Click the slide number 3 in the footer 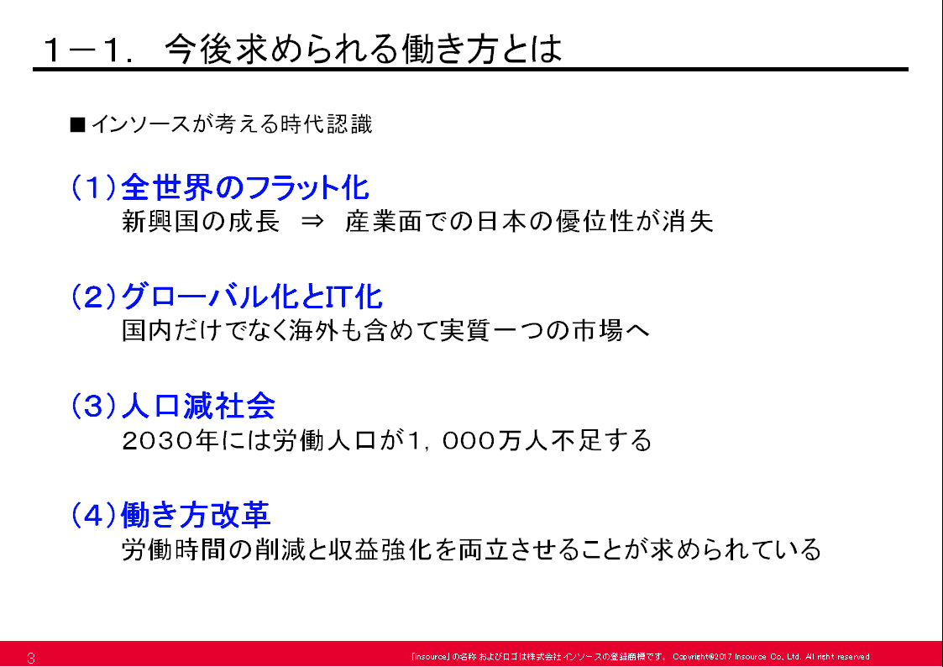coord(31,658)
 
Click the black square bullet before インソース coord(77,124)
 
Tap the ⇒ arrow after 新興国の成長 coord(312,221)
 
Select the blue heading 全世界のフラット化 coord(244,187)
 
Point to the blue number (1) coord(94,187)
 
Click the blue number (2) coord(94,297)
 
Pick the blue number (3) coord(94,406)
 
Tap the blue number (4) coord(94,515)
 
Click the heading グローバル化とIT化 coord(251,297)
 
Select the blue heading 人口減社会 coord(198,406)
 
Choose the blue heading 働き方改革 coord(196,515)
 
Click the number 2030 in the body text coord(158,441)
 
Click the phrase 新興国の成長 coord(201,221)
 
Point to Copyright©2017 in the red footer coord(702,657)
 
